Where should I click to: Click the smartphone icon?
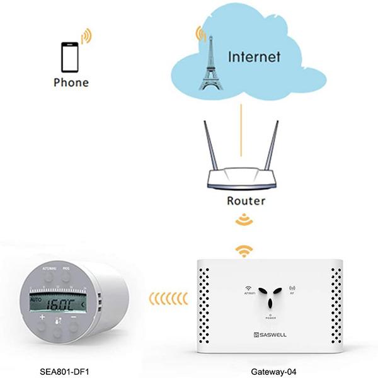(69, 57)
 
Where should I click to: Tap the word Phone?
(71, 83)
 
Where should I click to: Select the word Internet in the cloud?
(253, 57)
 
